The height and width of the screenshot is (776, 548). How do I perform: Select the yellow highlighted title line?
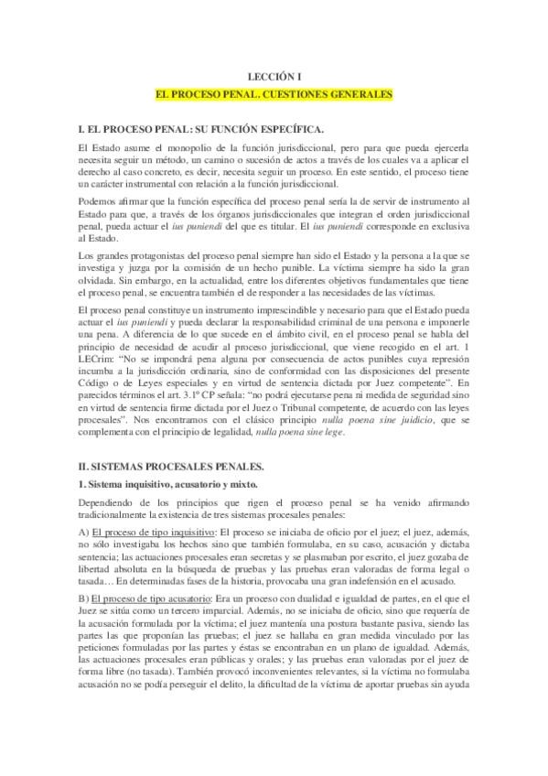274,94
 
